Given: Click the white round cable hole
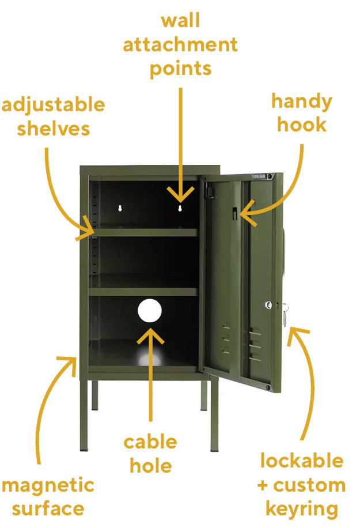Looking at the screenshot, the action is click(x=150, y=310).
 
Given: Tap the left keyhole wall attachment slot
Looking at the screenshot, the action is click(x=119, y=208).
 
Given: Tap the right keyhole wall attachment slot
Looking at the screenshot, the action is click(x=180, y=208).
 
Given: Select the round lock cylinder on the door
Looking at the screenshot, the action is click(x=268, y=306).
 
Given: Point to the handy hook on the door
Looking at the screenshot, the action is click(x=235, y=213).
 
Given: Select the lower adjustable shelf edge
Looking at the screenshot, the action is click(x=143, y=292).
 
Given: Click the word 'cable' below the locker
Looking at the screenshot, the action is click(x=150, y=442).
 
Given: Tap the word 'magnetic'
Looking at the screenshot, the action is click(x=48, y=486).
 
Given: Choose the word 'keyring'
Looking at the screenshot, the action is click(x=302, y=509).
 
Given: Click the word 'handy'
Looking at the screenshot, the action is click(x=302, y=102).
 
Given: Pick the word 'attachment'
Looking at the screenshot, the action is click(x=180, y=44).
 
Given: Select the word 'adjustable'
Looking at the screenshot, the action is click(x=54, y=105).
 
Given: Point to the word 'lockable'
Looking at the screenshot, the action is click(x=302, y=461).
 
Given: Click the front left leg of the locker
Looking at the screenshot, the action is click(x=84, y=416).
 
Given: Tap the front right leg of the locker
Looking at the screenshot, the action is click(x=214, y=416).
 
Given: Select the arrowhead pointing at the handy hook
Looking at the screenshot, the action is click(x=247, y=213).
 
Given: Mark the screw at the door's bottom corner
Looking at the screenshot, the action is click(x=268, y=387).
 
